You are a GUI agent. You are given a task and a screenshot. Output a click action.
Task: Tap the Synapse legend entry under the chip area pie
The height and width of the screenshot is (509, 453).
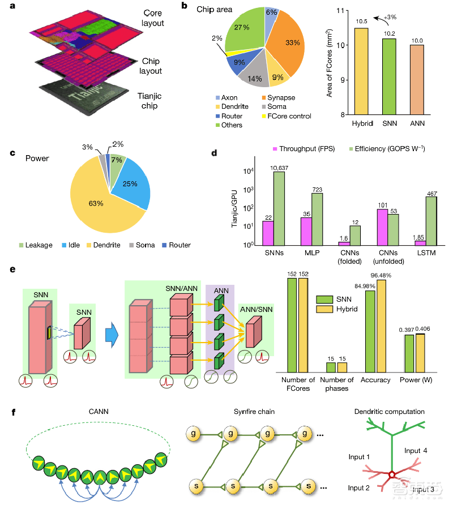(x=281, y=97)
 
